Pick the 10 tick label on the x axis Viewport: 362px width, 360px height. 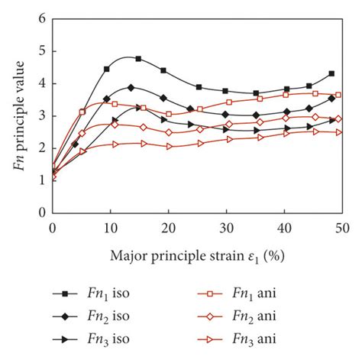[110, 228]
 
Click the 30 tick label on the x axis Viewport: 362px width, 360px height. [226, 228]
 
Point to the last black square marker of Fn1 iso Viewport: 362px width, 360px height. [331, 74]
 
